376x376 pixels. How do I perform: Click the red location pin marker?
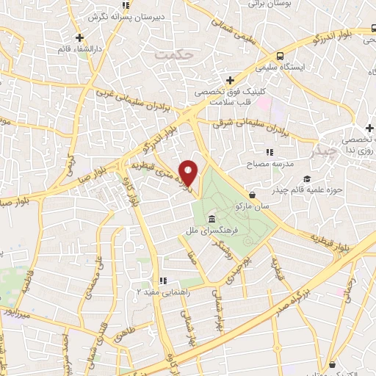189,173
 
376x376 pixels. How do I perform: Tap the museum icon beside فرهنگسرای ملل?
211,220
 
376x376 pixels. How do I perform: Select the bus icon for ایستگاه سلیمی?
280,56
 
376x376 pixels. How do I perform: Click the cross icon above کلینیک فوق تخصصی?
231,80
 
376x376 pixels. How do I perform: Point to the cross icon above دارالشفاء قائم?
79,37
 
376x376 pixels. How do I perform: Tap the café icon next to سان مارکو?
253,195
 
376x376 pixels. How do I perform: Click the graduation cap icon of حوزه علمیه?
307,178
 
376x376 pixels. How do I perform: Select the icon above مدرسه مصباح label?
270,152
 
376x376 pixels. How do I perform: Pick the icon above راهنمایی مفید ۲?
164,280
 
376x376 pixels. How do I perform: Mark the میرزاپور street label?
20,313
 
